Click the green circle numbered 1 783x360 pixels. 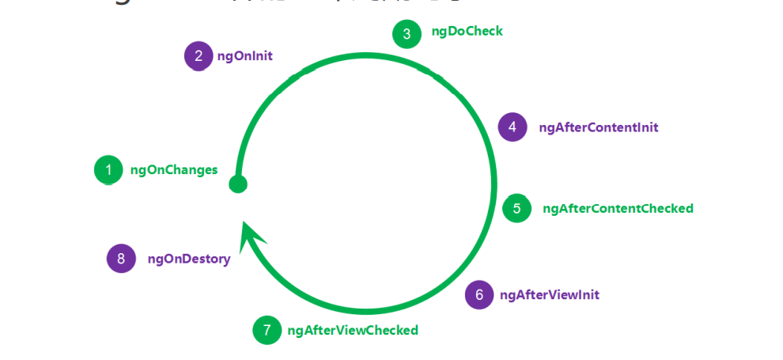point(108,169)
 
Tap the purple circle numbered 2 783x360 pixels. point(199,55)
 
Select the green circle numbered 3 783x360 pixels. point(407,34)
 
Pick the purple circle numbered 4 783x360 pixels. point(513,127)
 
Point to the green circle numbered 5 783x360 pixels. point(516,208)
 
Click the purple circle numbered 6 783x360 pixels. point(479,294)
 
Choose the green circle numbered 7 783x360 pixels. point(267,330)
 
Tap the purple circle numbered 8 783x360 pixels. point(121,258)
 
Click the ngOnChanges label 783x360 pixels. point(174,169)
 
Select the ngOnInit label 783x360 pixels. point(244,56)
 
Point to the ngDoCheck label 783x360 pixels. point(467,32)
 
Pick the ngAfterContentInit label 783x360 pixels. point(598,127)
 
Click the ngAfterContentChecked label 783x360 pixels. point(618,209)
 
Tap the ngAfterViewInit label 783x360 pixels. point(549,295)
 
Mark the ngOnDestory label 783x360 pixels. point(188,259)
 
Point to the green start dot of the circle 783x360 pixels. point(237,184)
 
